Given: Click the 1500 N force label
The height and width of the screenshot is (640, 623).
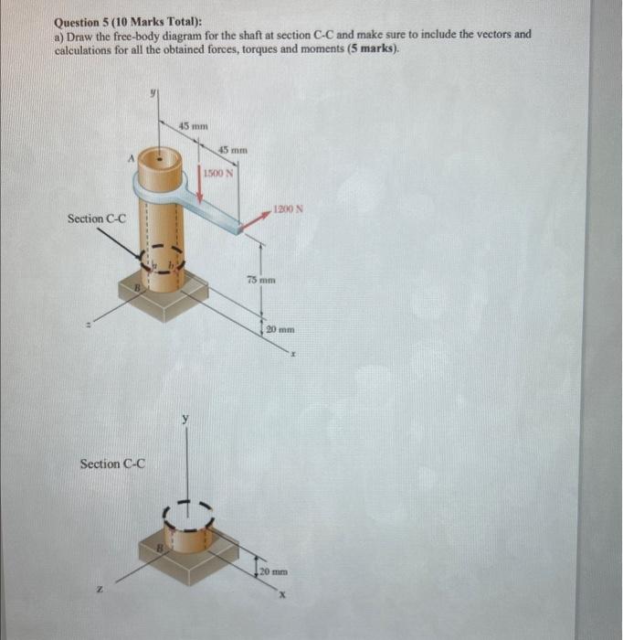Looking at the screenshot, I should (218, 173).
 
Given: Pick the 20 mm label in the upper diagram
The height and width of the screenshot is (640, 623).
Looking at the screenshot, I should (280, 327).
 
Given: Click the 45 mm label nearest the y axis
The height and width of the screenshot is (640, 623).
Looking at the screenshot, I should (193, 124).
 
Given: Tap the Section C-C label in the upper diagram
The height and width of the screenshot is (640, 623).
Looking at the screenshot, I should (97, 219).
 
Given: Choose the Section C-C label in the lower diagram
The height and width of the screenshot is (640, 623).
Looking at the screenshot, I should (112, 464).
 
